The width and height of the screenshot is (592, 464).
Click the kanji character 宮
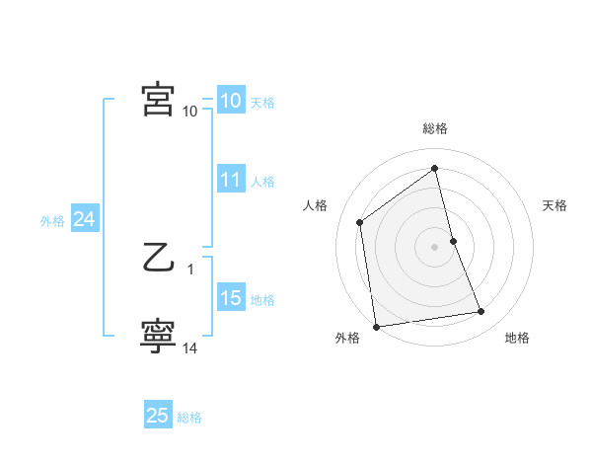[x=158, y=100]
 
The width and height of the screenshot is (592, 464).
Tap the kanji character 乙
[x=158, y=261]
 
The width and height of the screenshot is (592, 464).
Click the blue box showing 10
[x=230, y=101]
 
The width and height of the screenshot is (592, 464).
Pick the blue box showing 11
[x=230, y=180]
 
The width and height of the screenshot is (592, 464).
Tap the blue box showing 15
[x=230, y=298]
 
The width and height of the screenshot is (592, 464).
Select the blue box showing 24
[x=84, y=220]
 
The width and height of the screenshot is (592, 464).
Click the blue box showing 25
[x=157, y=416]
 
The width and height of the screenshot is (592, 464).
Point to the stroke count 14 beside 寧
[x=190, y=348]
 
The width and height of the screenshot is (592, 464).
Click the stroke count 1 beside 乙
[x=190, y=269]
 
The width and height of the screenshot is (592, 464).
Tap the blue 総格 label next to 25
[x=189, y=418]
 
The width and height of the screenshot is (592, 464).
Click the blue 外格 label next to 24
[x=52, y=221]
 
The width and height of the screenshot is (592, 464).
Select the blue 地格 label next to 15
[x=262, y=299]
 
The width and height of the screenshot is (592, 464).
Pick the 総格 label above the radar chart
[x=435, y=128]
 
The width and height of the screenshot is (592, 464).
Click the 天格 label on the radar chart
[x=555, y=205]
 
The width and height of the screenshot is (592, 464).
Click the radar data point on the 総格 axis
[x=435, y=169]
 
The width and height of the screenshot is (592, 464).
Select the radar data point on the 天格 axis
[x=453, y=241]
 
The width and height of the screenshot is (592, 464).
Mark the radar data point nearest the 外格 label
[x=376, y=326]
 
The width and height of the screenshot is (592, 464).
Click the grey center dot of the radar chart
[x=435, y=247]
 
